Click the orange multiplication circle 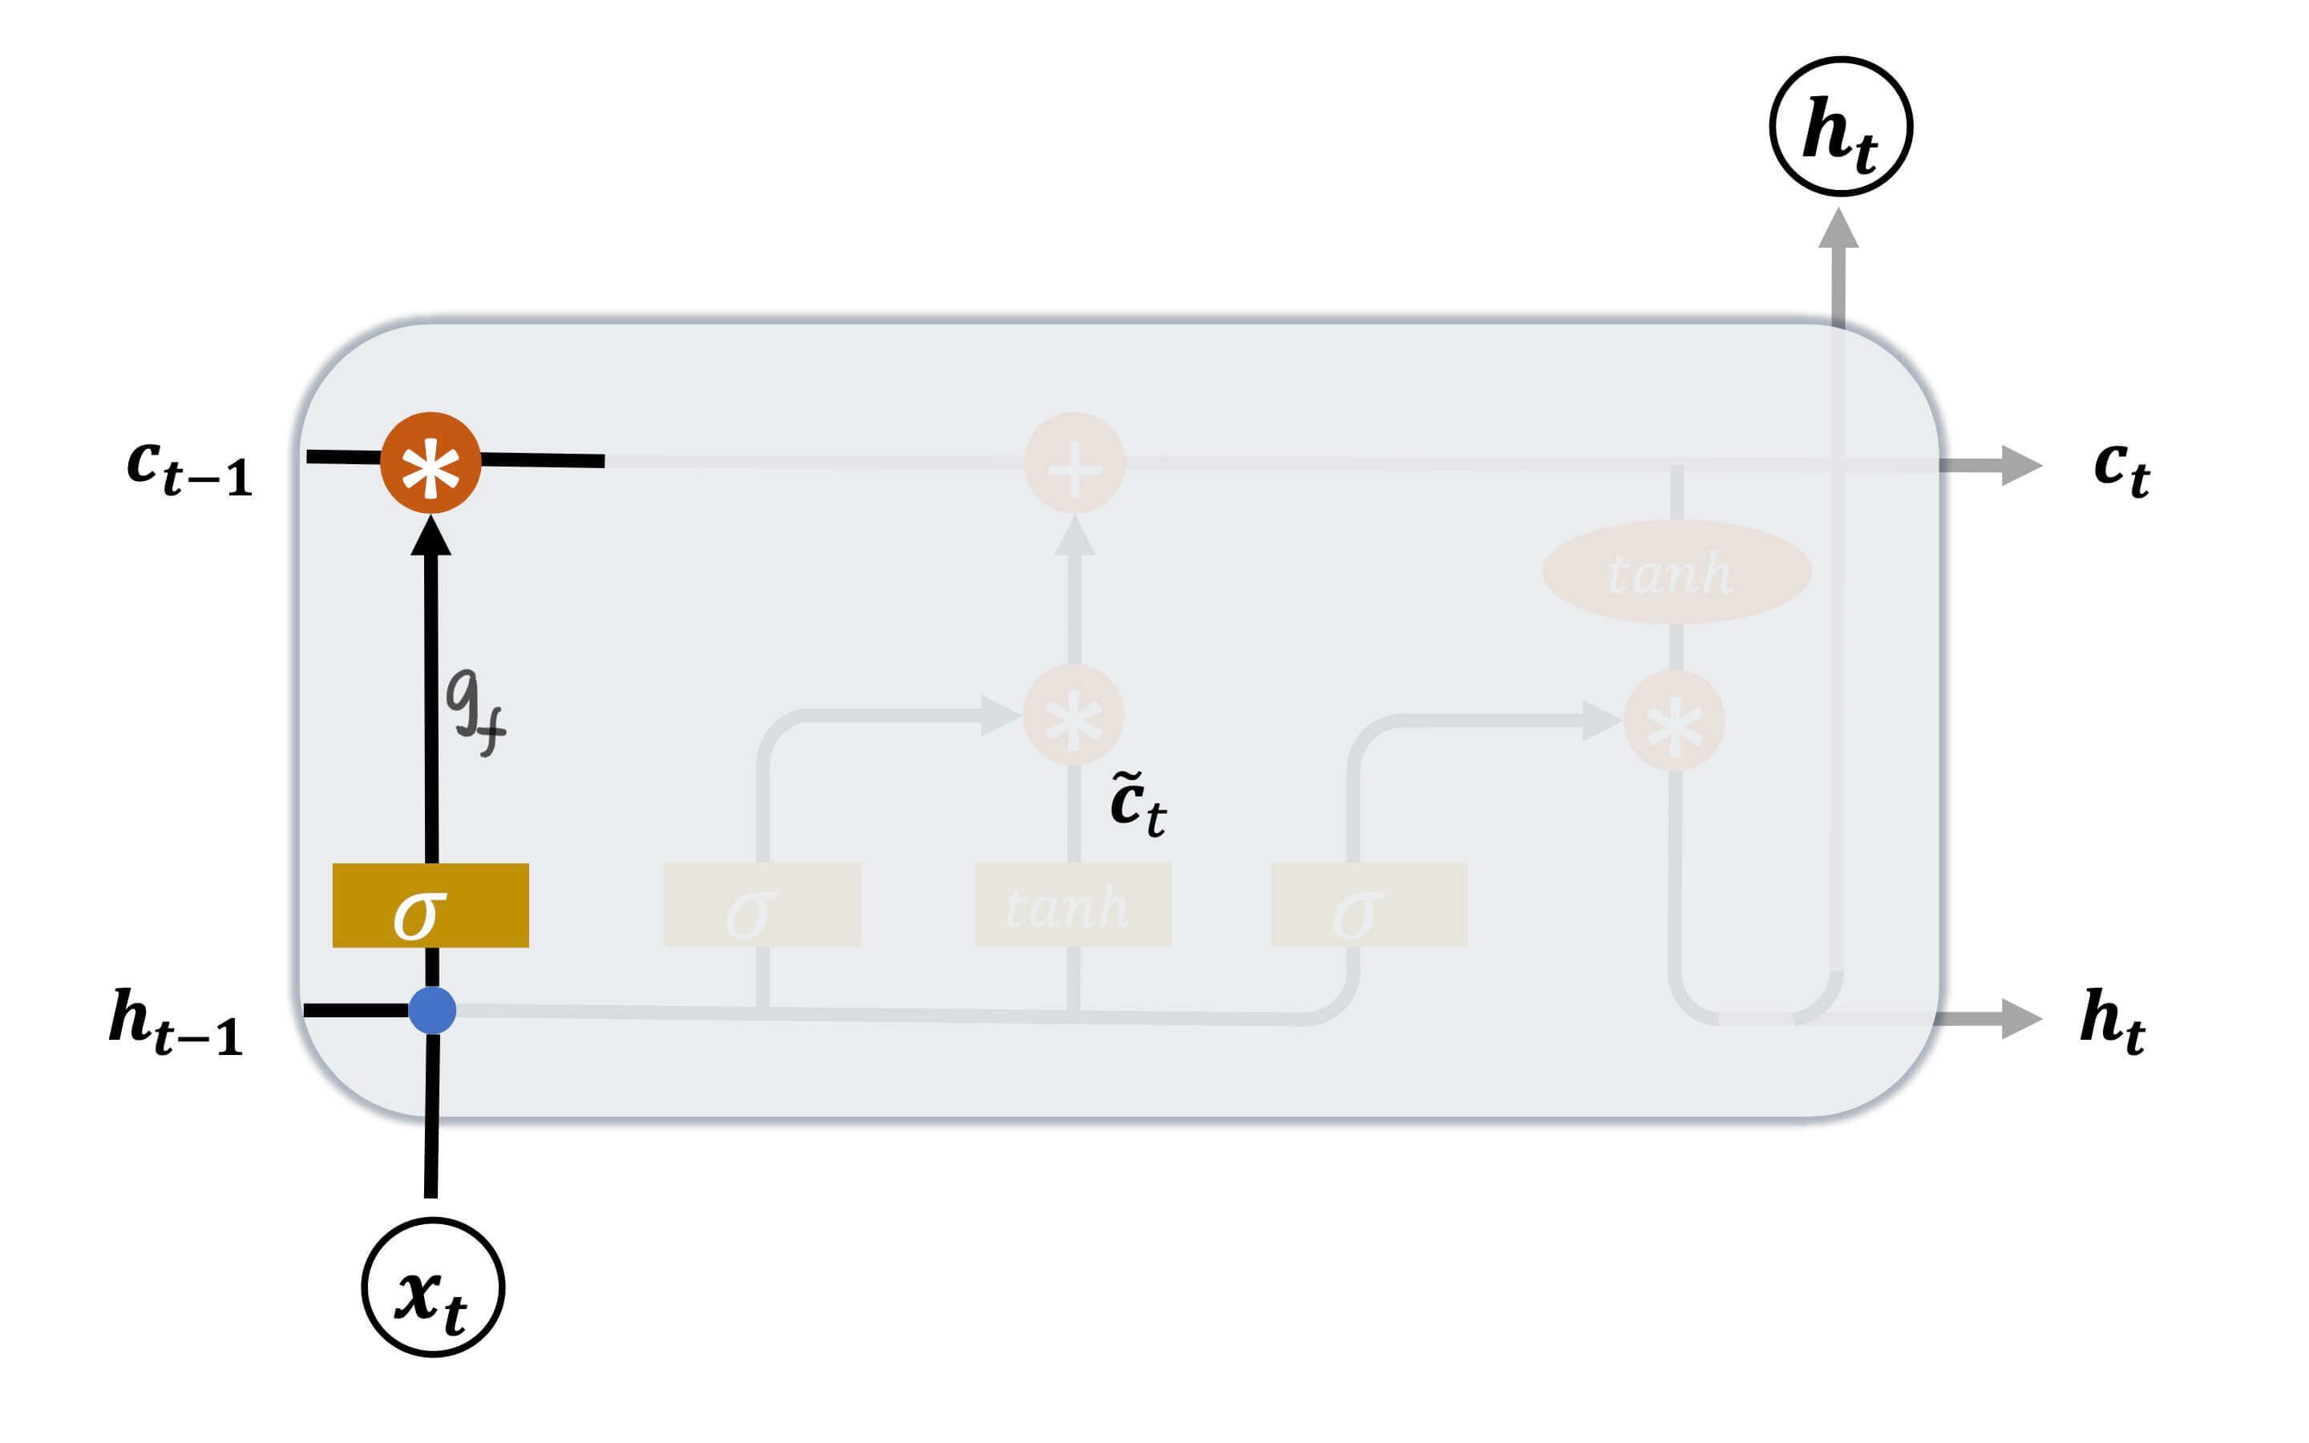tap(431, 463)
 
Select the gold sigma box tap(431, 905)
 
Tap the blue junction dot tap(432, 1010)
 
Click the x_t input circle tap(433, 1287)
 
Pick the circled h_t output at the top tap(1841, 127)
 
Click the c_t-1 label tap(190, 467)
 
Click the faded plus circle tap(1074, 463)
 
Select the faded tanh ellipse tap(1676, 572)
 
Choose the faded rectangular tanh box tap(1073, 905)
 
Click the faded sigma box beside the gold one tap(762, 905)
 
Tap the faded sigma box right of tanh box tap(1369, 905)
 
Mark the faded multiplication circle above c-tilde tap(1074, 715)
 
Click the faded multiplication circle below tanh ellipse tap(1675, 721)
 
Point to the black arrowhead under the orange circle tap(431, 535)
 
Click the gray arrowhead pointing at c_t tap(2019, 465)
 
